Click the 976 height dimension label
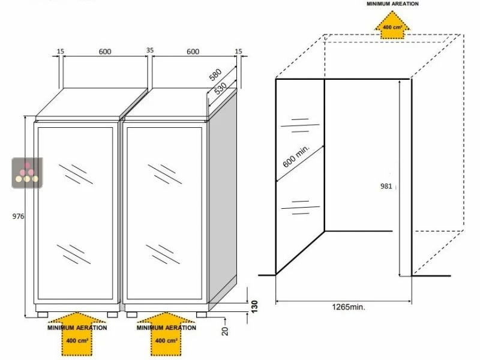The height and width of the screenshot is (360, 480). point(18,217)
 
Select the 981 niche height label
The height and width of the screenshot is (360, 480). point(386,186)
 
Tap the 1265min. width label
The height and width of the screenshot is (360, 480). point(349,307)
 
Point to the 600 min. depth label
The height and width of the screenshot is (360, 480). point(296,157)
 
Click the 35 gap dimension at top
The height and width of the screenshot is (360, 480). point(149,50)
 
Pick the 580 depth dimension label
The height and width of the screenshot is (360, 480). point(215,74)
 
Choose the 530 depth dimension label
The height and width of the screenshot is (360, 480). point(220,88)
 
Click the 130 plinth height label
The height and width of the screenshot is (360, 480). point(254,307)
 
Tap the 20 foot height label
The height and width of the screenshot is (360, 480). point(225,331)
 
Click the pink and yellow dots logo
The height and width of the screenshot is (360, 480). point(27,173)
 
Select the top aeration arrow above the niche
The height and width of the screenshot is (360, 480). point(392,25)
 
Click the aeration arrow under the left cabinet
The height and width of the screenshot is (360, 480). point(77,334)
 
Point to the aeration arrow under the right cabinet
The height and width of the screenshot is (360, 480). point(166,334)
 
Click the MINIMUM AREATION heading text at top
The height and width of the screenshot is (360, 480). point(392,4)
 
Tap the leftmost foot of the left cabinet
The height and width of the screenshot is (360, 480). point(43,314)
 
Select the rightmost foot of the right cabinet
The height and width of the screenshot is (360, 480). point(202,314)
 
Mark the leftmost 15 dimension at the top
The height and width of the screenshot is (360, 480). point(61,52)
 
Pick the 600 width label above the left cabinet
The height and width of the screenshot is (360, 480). point(105,52)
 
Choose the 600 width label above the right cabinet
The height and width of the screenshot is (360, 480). point(193,52)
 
